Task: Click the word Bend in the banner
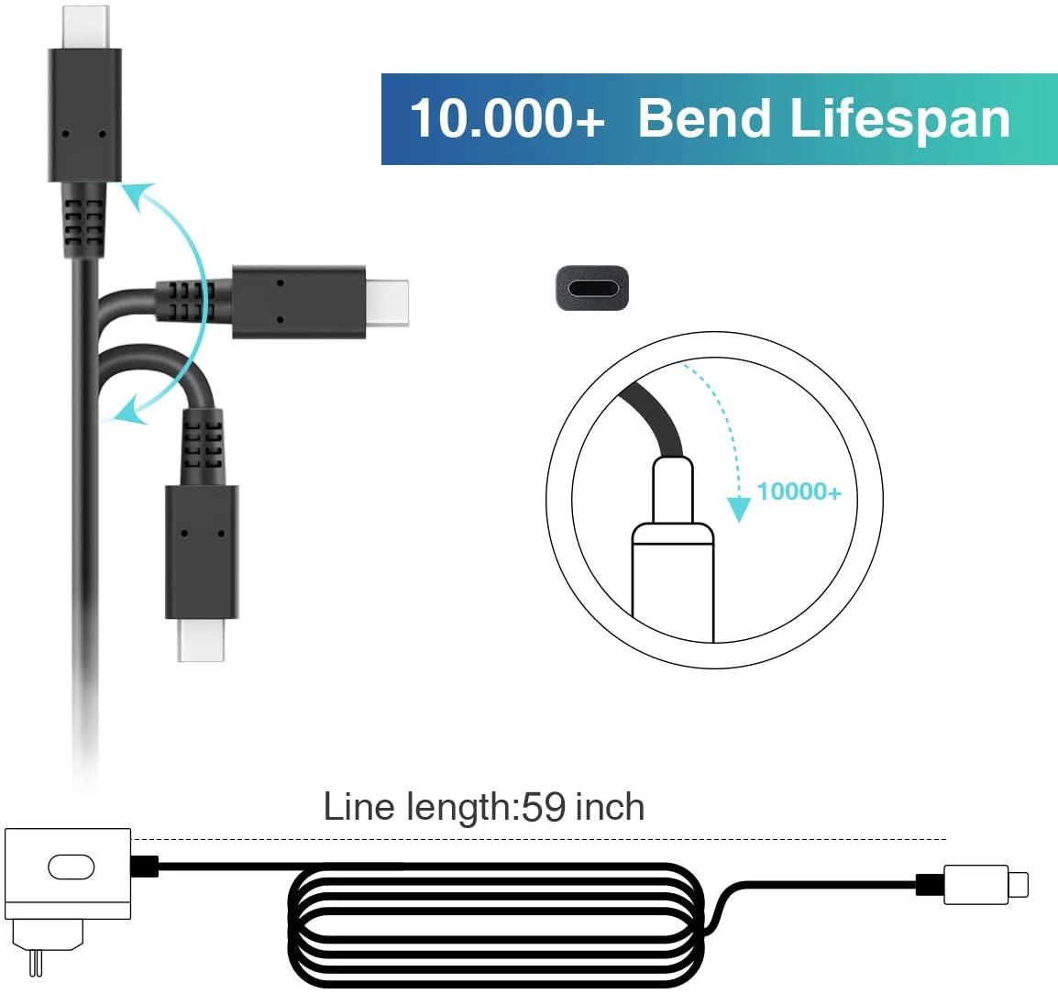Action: coord(704,118)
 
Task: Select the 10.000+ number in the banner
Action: coord(507,119)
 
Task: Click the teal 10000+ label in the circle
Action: coord(799,491)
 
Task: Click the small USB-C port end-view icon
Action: coord(592,288)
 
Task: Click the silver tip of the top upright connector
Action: coord(85,27)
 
